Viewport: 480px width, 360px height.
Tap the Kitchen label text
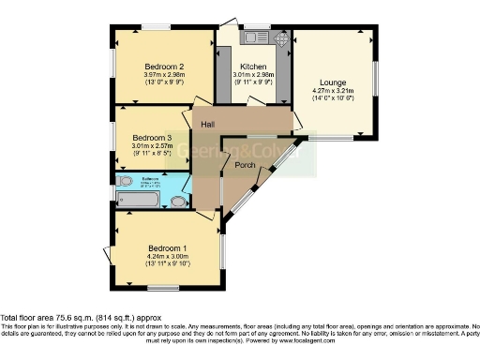pyautogui.click(x=253, y=67)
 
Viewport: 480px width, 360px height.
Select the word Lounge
pyautogui.click(x=333, y=82)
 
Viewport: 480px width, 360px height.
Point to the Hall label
pyautogui.click(x=208, y=124)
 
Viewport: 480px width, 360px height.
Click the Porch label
pyautogui.click(x=246, y=166)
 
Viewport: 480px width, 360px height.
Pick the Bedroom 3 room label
pyautogui.click(x=150, y=136)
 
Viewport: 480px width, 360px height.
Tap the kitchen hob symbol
pyautogui.click(x=282, y=39)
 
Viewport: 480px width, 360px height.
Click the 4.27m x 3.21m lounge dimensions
pyautogui.click(x=333, y=93)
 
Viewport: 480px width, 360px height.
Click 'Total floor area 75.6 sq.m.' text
pyautogui.click(x=56, y=316)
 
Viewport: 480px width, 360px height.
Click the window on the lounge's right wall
pyautogui.click(x=379, y=82)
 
